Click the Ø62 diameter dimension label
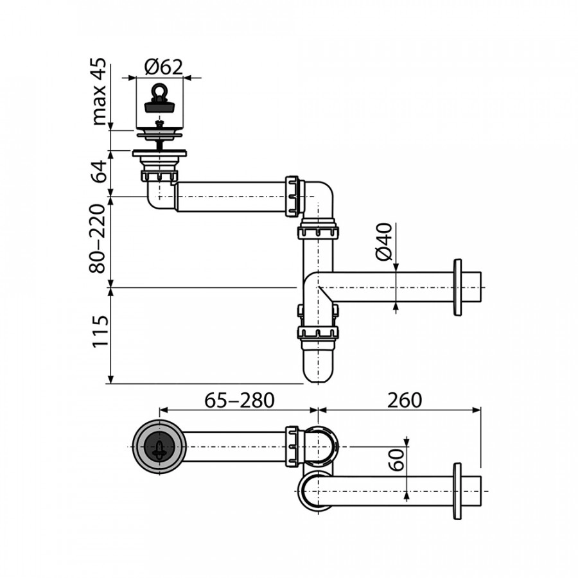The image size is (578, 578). [x=164, y=66]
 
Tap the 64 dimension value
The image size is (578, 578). [x=99, y=172]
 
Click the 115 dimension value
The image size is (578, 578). [x=99, y=332]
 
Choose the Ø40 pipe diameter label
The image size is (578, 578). [x=383, y=243]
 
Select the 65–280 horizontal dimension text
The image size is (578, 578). [x=239, y=399]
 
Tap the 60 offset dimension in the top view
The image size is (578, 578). [x=398, y=460]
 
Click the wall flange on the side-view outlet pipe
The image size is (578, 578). [x=457, y=287]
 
